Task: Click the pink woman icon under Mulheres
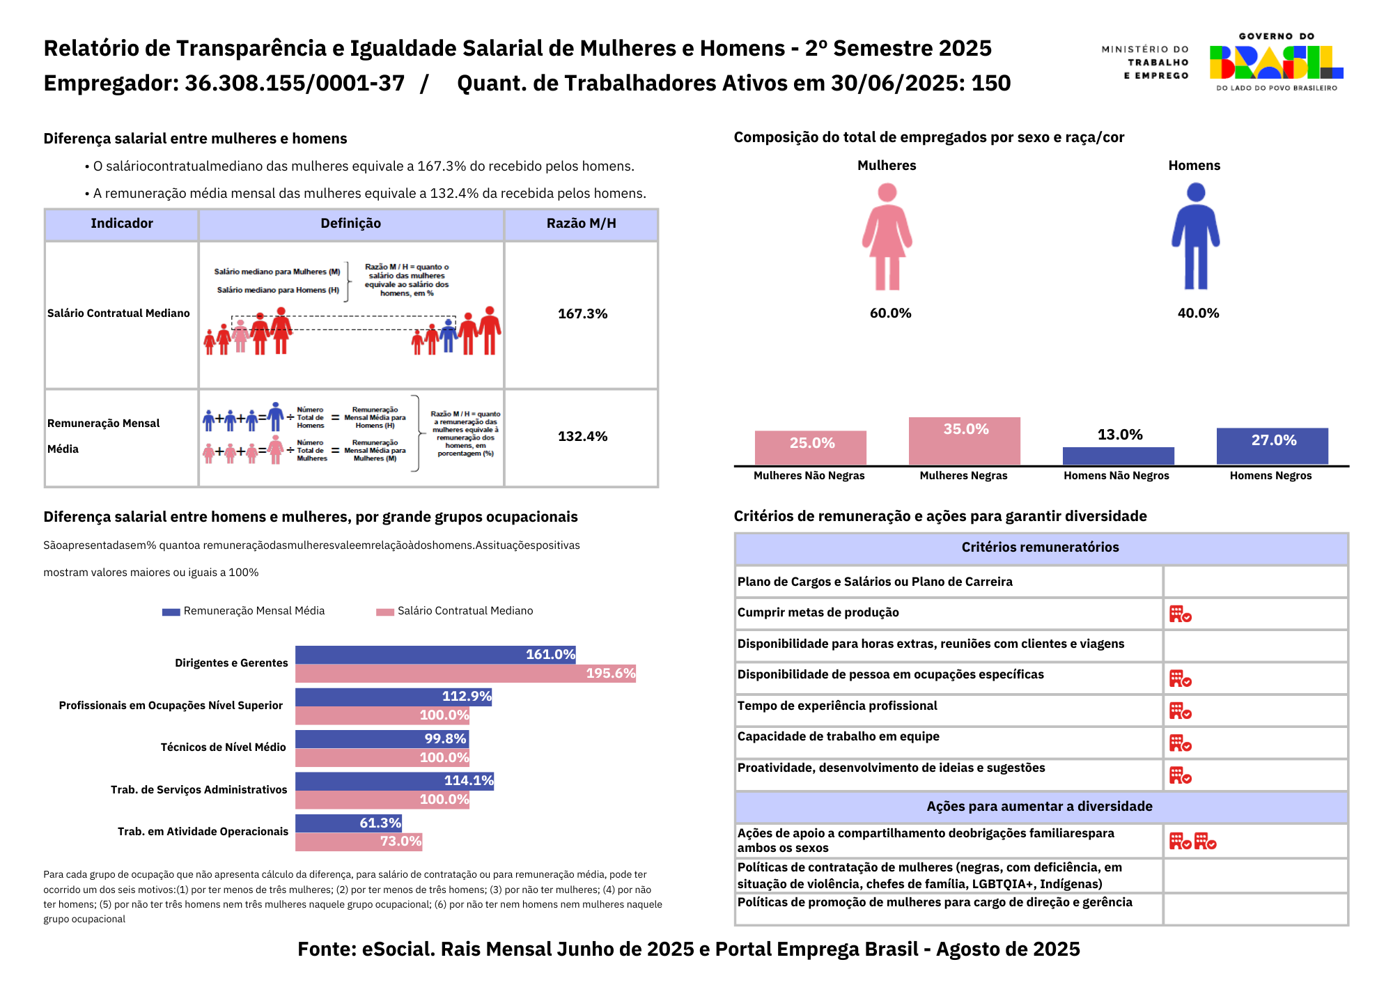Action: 887,237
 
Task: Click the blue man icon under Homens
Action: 1195,237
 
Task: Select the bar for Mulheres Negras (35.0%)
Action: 964,441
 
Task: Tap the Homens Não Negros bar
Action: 1118,456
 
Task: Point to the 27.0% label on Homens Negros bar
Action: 1273,440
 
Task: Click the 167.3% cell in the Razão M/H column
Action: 582,314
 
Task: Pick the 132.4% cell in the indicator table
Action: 582,437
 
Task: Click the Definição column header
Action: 350,224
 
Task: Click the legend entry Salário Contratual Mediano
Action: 465,611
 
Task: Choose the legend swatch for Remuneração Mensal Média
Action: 171,612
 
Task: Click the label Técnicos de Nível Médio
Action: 223,747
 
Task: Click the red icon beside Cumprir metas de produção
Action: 1180,614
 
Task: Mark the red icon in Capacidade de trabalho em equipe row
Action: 1180,743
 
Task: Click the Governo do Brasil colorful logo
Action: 1276,62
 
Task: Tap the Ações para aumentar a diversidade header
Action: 1039,807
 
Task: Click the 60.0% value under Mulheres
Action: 890,313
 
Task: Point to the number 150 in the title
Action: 990,84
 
